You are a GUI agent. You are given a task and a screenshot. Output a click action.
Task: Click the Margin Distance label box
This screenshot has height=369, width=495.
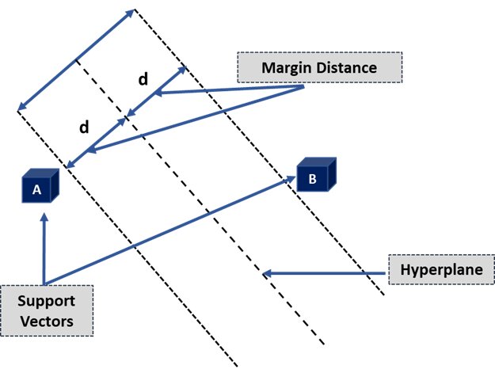[318, 67]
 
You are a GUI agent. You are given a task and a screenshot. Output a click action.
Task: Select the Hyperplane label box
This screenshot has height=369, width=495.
[442, 271]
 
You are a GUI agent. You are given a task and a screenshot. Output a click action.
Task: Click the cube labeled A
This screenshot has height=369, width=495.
[40, 188]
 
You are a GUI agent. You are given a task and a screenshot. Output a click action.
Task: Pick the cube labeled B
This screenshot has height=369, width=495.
[317, 177]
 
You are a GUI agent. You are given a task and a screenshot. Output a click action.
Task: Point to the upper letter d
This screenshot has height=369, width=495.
[143, 79]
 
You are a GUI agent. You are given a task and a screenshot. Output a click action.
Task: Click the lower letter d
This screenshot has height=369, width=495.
[84, 127]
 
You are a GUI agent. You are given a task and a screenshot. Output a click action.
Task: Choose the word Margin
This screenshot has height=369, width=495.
[287, 67]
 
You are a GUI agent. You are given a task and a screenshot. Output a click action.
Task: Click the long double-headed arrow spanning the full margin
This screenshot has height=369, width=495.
[76, 60]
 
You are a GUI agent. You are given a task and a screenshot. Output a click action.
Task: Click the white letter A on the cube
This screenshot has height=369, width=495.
[36, 190]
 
